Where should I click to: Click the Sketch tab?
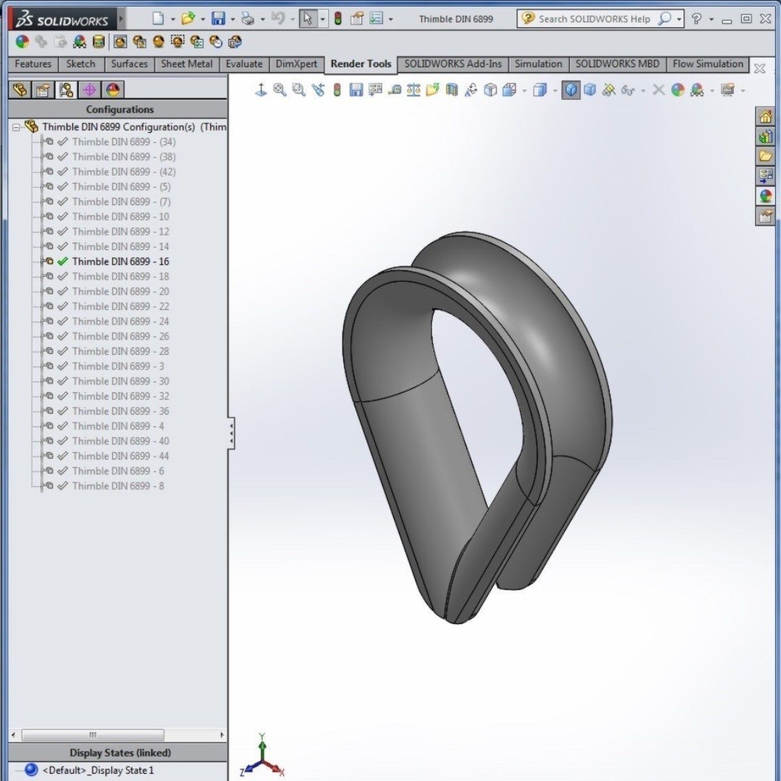tap(81, 64)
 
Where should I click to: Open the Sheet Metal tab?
tap(186, 64)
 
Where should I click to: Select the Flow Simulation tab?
tap(707, 64)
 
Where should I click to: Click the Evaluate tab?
tap(244, 64)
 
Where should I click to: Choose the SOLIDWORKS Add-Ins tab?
tap(453, 64)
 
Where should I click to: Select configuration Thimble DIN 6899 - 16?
tap(120, 262)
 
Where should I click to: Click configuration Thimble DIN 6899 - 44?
tap(120, 456)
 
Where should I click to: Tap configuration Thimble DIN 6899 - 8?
tap(118, 486)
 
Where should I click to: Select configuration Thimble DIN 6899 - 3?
tap(118, 366)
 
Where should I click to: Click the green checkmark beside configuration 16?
tap(62, 262)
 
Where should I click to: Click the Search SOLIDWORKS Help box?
tap(594, 19)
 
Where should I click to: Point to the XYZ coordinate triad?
tap(262, 758)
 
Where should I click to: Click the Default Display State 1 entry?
tap(98, 771)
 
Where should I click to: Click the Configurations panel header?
tap(120, 109)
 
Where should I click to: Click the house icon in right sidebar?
tap(765, 117)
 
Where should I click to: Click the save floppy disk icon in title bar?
tap(219, 19)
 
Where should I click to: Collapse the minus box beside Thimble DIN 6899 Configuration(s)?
tap(16, 128)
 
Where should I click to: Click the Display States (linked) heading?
tap(120, 753)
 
